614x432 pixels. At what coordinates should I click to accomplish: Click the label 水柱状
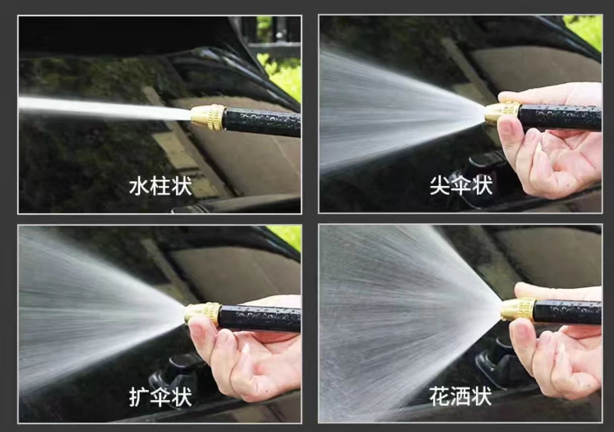(x=160, y=187)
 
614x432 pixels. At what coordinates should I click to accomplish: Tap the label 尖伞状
(x=461, y=185)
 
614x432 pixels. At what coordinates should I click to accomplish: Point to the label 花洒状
(x=460, y=396)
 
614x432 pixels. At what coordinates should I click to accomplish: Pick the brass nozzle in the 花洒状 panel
(x=518, y=310)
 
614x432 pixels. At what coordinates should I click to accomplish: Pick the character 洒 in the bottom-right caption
(x=460, y=396)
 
